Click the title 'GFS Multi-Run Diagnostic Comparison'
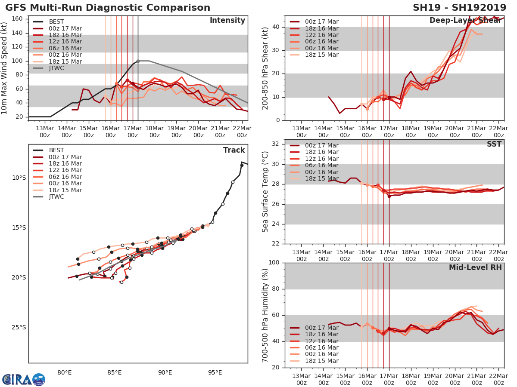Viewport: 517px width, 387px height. point(108,8)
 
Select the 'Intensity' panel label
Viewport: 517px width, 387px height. point(227,21)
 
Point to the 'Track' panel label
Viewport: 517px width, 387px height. point(234,150)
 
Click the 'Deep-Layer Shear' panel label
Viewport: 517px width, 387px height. point(465,21)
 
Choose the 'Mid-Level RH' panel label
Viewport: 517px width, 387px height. point(475,267)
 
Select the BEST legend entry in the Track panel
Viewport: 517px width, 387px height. point(56,150)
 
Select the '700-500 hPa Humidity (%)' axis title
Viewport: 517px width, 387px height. point(265,315)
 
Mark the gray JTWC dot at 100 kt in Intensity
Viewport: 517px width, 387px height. point(138,61)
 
